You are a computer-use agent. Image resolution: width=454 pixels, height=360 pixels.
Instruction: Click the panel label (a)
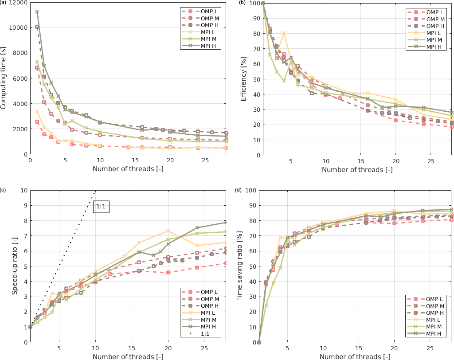(4, 3)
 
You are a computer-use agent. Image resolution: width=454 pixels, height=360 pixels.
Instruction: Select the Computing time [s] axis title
(4, 79)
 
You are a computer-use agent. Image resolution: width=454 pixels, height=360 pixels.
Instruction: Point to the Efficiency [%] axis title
(244, 79)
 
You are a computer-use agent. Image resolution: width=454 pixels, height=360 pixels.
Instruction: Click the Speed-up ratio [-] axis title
(15, 266)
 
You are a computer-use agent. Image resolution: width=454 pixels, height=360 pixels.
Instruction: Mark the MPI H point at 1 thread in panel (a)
(37, 12)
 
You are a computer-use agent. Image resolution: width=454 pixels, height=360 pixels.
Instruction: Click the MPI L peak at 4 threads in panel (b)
(284, 34)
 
